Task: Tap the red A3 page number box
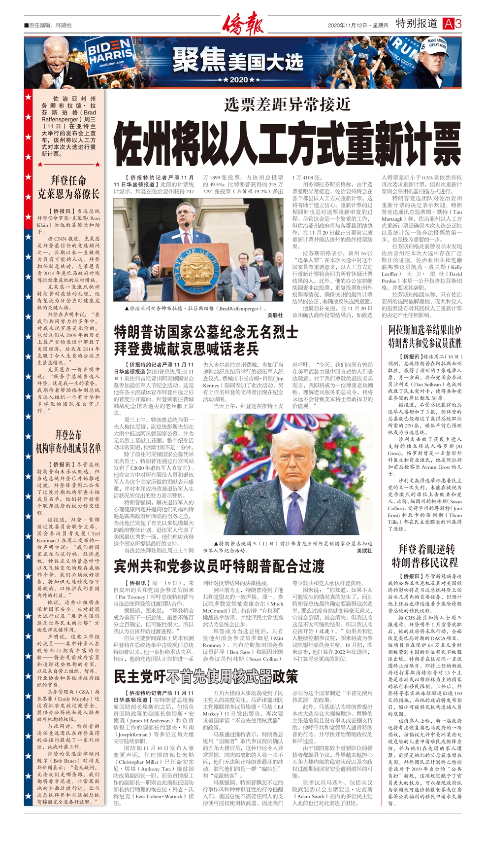452,24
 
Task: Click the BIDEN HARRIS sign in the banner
109,54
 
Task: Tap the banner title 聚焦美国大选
238,62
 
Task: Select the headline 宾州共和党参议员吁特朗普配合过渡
219,565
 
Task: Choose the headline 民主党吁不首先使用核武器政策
206,676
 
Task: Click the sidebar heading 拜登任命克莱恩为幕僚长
68,187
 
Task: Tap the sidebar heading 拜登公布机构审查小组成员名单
68,441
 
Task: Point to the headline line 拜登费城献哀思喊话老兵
187,349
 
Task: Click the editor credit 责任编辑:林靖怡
49,25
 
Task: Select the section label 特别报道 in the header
416,23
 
